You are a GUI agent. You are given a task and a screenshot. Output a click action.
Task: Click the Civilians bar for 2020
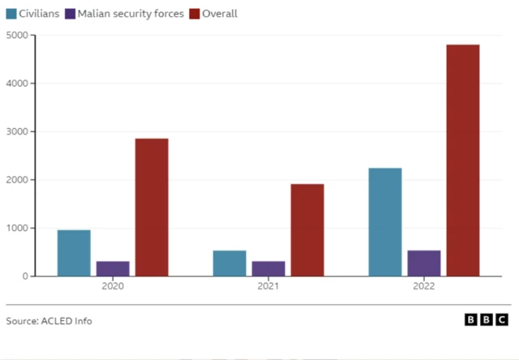(x=74, y=253)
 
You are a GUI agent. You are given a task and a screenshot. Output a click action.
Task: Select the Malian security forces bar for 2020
(x=113, y=268)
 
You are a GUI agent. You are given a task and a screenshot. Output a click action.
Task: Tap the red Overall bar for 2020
(x=152, y=208)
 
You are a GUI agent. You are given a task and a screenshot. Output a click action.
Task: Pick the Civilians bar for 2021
(x=229, y=263)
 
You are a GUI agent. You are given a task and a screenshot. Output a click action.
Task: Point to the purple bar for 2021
(x=268, y=268)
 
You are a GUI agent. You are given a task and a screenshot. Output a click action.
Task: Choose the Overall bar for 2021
(x=307, y=230)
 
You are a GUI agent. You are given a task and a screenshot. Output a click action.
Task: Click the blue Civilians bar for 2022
(x=385, y=222)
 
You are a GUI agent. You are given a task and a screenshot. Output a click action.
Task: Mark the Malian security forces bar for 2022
(x=424, y=263)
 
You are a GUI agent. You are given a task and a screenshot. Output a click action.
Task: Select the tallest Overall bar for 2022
(x=463, y=161)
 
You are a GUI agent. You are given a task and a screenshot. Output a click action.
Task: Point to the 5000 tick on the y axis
(x=16, y=36)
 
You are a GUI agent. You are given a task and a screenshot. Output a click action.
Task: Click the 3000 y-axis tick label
(x=16, y=132)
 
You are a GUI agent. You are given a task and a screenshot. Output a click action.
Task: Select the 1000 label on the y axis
(x=16, y=228)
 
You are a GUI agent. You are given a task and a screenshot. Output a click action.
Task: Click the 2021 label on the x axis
(x=268, y=287)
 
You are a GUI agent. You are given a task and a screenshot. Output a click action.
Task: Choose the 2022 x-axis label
(x=424, y=287)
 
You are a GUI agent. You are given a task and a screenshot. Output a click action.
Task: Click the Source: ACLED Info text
(x=49, y=321)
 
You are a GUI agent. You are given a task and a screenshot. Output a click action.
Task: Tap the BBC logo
(x=487, y=320)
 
